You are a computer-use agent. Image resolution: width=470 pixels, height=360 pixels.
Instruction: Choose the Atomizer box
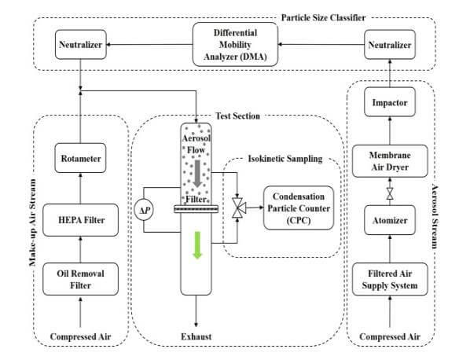pos(391,221)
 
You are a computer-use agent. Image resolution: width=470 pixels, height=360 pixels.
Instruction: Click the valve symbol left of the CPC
pos(237,208)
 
